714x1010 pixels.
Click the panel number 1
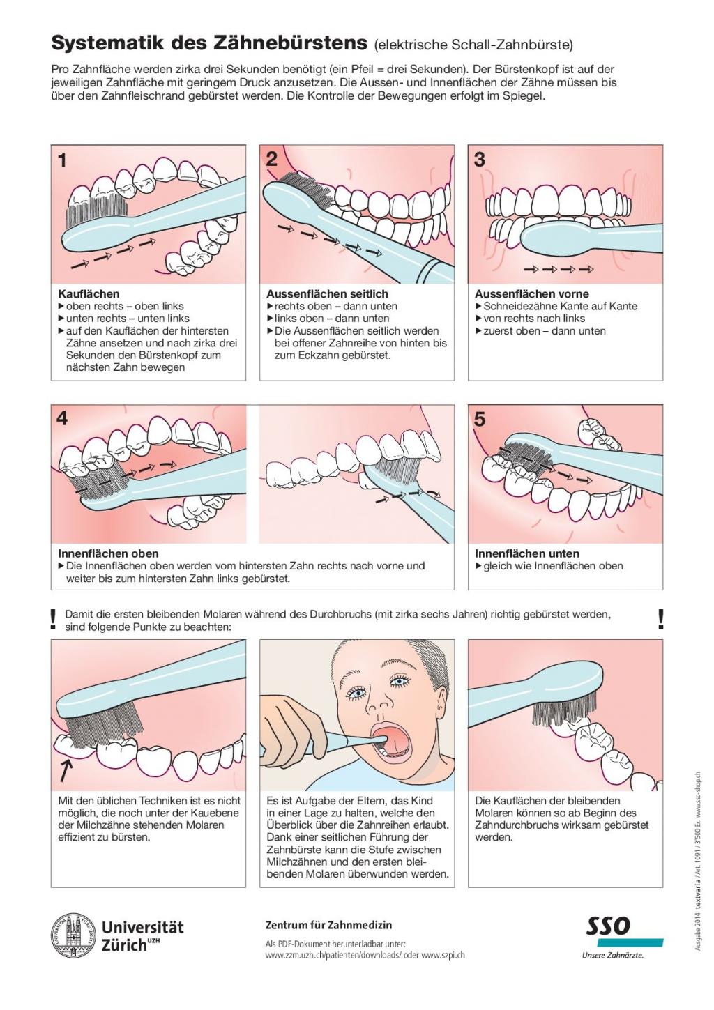point(63,160)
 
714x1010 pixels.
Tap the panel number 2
point(271,160)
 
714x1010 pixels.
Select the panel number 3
point(480,160)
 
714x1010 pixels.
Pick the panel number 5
point(480,420)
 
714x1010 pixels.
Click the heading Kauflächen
point(89,294)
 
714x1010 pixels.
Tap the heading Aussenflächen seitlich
point(327,294)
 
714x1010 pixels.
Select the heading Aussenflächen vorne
point(532,294)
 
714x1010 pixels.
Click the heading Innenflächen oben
point(108,553)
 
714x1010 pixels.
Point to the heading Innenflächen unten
point(527,553)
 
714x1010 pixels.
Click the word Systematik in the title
point(107,43)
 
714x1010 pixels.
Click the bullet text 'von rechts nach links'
point(534,319)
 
